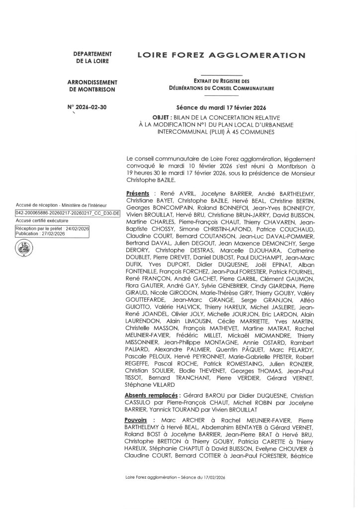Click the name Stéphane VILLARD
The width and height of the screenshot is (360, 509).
click(x=147, y=384)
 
